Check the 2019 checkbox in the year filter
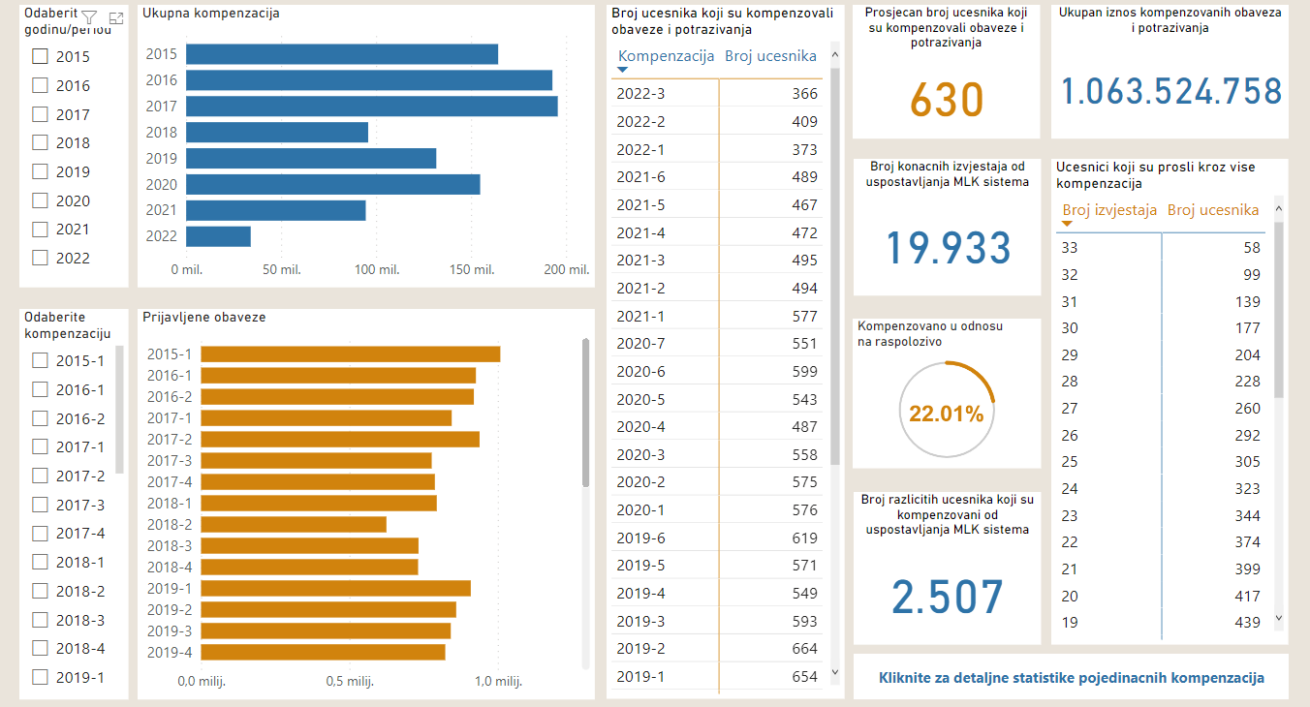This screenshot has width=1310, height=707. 40,171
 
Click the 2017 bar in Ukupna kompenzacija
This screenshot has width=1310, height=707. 371,107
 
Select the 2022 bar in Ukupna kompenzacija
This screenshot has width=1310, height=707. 218,236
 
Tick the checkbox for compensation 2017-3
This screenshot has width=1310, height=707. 40,505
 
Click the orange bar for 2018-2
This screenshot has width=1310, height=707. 294,524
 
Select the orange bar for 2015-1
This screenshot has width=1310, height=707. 350,353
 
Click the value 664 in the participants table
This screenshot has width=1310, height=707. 804,649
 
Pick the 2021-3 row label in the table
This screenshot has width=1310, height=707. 640,260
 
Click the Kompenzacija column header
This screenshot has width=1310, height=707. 666,55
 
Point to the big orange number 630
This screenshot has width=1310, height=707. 947,99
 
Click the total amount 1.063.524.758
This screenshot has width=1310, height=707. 1170,92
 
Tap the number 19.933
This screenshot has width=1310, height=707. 949,248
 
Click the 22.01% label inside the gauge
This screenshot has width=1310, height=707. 946,415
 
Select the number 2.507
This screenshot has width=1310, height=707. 947,597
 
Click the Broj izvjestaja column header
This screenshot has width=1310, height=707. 1109,209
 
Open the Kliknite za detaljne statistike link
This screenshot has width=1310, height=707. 1071,678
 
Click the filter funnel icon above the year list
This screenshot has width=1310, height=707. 89,17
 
